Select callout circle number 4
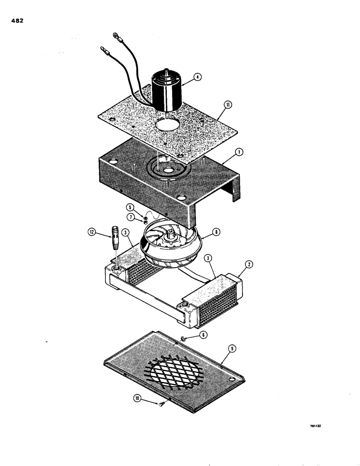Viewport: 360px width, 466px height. (198, 78)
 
